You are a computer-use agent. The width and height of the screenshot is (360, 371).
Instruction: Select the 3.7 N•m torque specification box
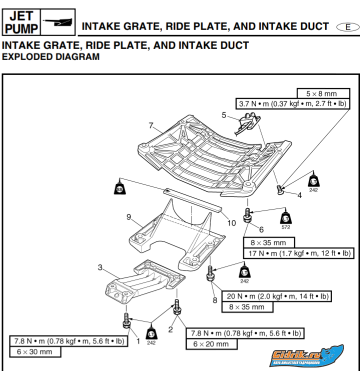[x=293, y=104]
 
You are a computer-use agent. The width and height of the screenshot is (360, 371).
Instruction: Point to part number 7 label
[x=150, y=125]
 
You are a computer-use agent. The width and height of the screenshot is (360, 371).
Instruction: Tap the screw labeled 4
[x=280, y=188]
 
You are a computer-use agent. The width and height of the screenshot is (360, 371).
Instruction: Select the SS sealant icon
[x=119, y=187]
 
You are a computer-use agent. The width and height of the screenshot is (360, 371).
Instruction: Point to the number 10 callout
[x=230, y=223]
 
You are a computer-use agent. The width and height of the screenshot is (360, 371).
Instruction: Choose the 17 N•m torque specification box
[x=298, y=253]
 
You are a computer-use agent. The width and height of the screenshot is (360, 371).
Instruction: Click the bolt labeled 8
[x=210, y=274]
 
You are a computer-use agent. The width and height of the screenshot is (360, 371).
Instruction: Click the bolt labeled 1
[x=126, y=320]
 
